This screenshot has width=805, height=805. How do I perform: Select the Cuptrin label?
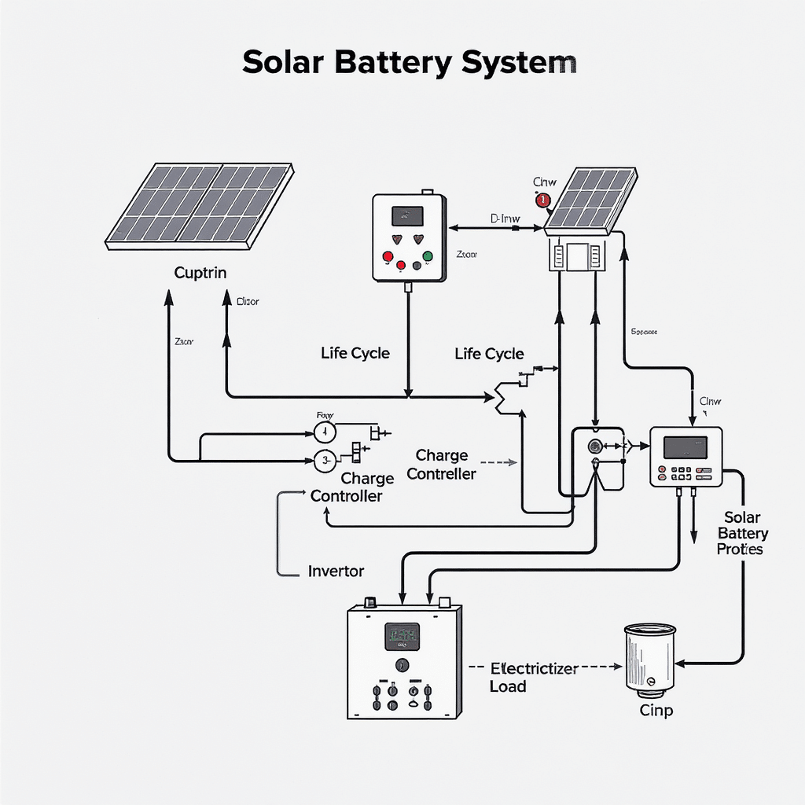point(200,274)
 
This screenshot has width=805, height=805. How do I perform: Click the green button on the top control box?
point(427,256)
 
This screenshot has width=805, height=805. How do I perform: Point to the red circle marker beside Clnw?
point(542,200)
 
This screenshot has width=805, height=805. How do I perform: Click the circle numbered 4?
point(325,432)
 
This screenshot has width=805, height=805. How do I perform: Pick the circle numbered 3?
point(325,461)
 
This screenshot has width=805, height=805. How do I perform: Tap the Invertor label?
point(336,572)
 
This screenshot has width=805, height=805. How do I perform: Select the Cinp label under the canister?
point(656,711)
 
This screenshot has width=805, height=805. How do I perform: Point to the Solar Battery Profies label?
point(741,533)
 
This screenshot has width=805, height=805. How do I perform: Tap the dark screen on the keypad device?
point(685,447)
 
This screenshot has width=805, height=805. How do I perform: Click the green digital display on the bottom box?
point(401,636)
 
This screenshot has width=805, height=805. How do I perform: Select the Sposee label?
point(645,332)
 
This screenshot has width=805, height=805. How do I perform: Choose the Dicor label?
point(247,302)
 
